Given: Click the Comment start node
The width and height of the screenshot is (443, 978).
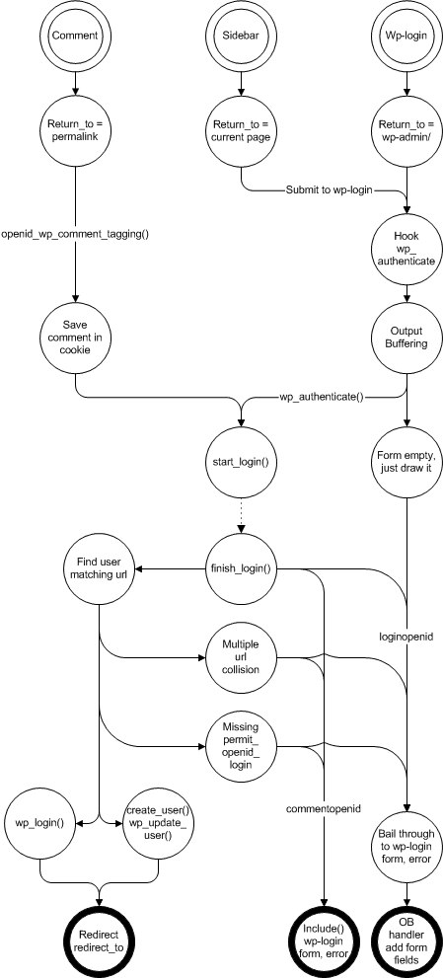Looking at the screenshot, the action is pos(75,36).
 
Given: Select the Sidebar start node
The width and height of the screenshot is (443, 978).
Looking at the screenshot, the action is pos(241,36).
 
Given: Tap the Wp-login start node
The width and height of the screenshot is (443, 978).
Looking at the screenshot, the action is pos(407,36).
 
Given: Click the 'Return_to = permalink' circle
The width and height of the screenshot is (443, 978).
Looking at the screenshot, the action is pos(75,129).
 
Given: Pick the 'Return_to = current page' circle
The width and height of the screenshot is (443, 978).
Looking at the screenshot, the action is pos(241,129).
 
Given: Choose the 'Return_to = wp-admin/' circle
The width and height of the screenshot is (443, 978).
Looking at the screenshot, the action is pos(407,129).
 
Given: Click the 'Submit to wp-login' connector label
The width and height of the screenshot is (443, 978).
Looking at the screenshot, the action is pos(329,189).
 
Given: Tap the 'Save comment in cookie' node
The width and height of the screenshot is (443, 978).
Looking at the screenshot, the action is pos(75,337).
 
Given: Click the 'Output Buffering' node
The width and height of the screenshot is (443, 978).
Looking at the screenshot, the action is pos(407,337).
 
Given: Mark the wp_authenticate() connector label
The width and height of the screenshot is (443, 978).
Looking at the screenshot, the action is pos(322,396).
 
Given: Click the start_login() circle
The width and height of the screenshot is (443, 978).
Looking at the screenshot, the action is pos(241,462).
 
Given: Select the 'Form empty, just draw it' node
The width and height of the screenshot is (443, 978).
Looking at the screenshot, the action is pos(407,462).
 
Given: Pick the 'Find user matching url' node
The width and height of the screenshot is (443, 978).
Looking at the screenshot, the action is pos(100,568).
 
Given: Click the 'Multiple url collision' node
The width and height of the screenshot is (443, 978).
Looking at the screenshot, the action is pos(241,657).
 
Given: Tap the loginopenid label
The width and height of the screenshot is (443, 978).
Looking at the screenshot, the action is pos(406,638).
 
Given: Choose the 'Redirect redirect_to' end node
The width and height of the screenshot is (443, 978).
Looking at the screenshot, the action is pos(100,940).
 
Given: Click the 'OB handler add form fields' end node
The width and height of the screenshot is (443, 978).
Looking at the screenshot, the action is pos(407,940).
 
